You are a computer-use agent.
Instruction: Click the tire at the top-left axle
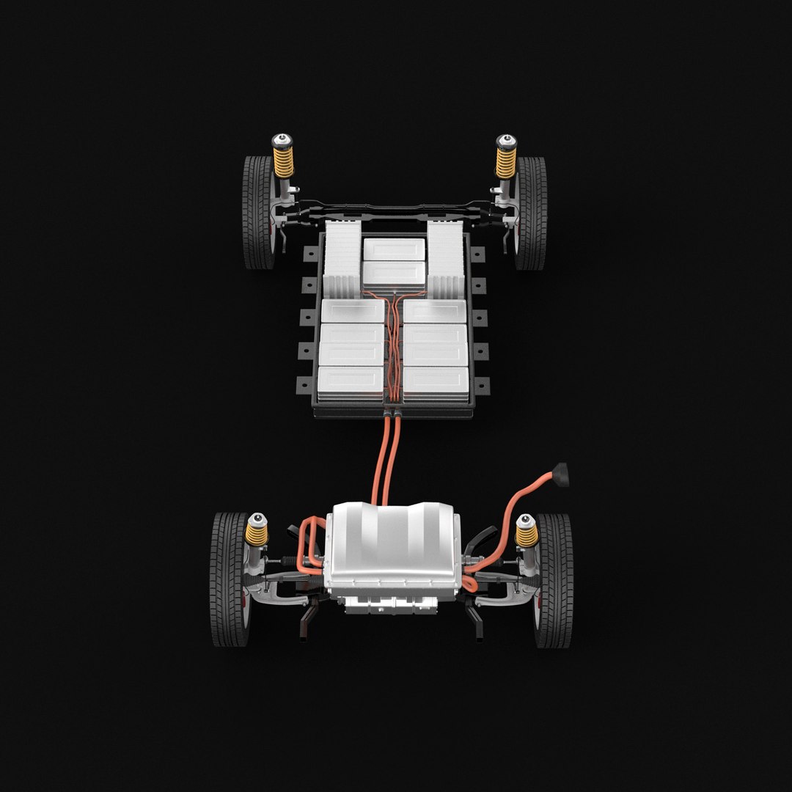tap(257, 213)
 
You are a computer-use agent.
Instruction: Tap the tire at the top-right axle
tap(532, 213)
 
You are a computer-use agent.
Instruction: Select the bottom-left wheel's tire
tap(228, 579)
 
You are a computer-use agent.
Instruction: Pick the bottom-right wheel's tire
tap(555, 579)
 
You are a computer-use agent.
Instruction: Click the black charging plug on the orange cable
tap(561, 474)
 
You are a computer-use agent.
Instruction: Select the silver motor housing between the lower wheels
tap(394, 546)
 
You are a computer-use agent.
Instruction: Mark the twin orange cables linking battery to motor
tap(387, 458)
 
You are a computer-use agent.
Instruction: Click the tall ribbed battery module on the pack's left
tap(342, 259)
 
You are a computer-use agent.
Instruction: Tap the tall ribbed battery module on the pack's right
tap(446, 259)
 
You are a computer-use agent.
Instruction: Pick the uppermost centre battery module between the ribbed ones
tap(394, 249)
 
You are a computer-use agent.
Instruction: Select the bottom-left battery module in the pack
tap(351, 384)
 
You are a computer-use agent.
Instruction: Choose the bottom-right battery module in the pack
tap(436, 384)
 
